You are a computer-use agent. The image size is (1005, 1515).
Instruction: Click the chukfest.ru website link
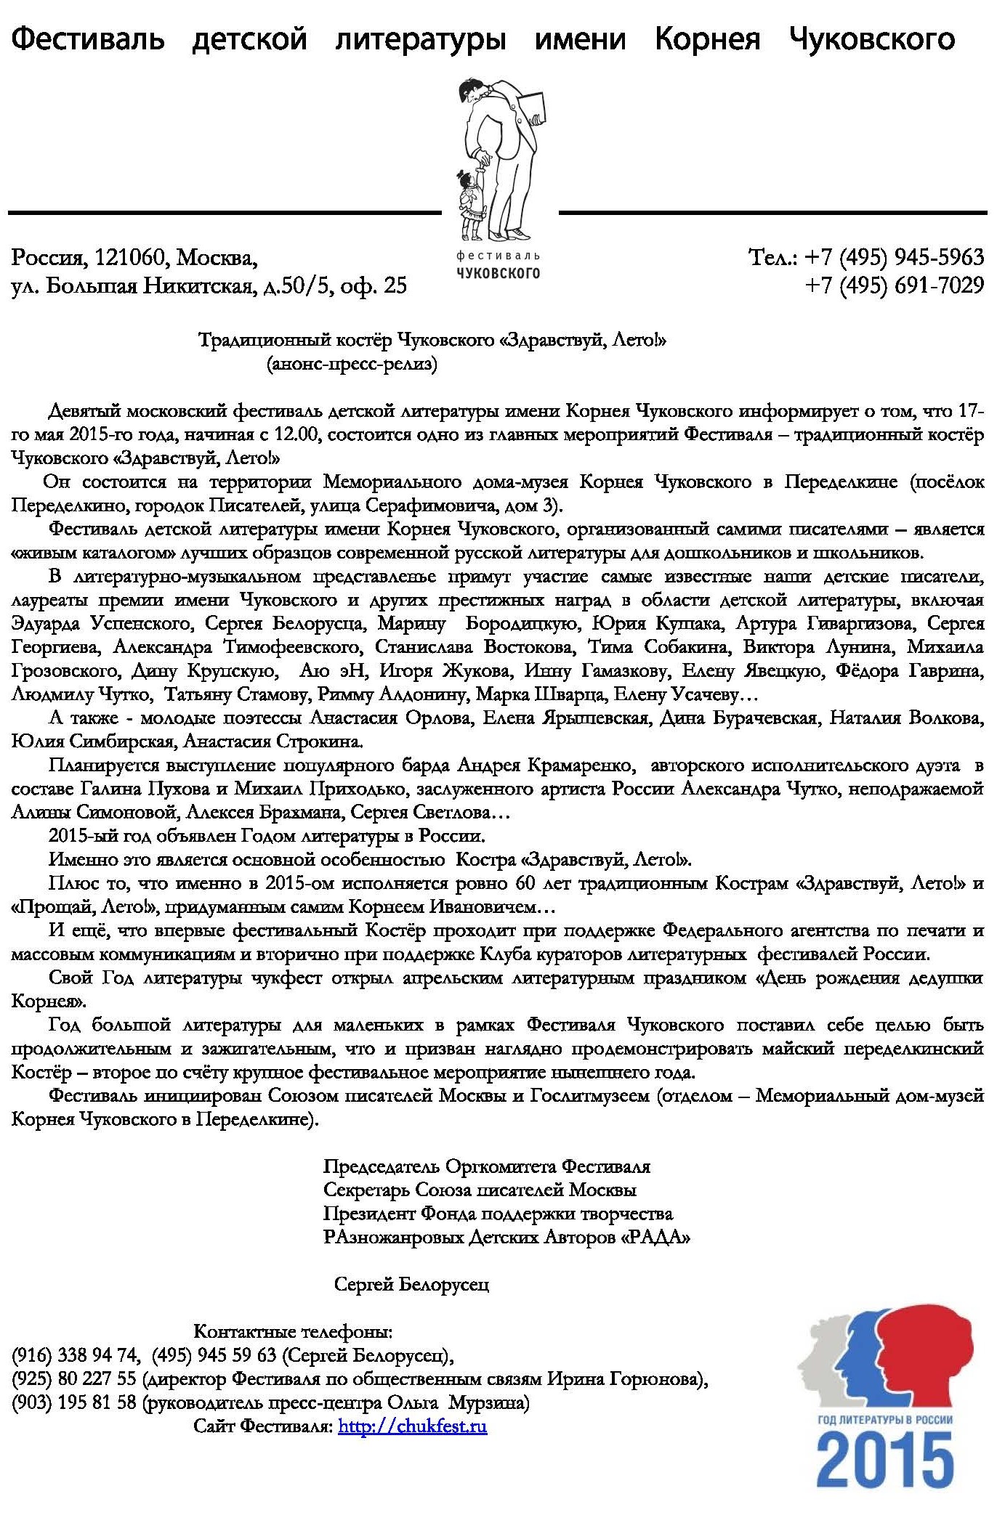click(x=412, y=1426)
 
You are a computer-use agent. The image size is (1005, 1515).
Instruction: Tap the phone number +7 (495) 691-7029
click(x=894, y=285)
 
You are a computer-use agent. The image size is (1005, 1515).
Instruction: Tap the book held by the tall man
click(x=536, y=108)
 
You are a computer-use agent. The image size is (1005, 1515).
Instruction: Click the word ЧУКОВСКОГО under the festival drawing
click(x=498, y=273)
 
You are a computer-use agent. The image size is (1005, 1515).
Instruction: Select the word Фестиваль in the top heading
click(x=88, y=38)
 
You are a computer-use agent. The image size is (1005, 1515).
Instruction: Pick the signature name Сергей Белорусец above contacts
click(x=411, y=1284)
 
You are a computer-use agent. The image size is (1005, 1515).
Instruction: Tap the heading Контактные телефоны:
click(x=293, y=1331)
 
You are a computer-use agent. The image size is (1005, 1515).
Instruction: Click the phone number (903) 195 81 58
click(x=74, y=1402)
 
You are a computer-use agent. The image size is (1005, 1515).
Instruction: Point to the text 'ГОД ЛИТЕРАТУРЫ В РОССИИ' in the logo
click(x=884, y=1419)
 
